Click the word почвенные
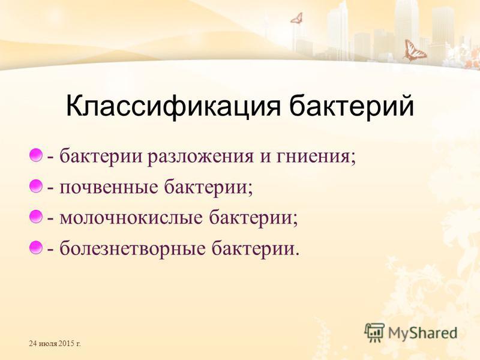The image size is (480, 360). pyautogui.click(x=109, y=187)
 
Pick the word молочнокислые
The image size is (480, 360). pyautogui.click(x=131, y=218)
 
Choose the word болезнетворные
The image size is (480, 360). pyautogui.click(x=132, y=248)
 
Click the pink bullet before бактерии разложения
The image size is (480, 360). pyautogui.click(x=36, y=155)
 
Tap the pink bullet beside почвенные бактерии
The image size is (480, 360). pyautogui.click(x=36, y=186)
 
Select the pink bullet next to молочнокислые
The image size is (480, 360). pyautogui.click(x=36, y=217)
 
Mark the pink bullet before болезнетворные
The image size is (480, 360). pyautogui.click(x=36, y=247)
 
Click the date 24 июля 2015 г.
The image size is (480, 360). pyautogui.click(x=55, y=343)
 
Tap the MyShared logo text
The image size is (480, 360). pyautogui.click(x=422, y=333)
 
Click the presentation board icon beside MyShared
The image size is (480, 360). pyautogui.click(x=374, y=332)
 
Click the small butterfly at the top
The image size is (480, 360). pyautogui.click(x=297, y=18)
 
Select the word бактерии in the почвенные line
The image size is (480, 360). pyautogui.click(x=206, y=187)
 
